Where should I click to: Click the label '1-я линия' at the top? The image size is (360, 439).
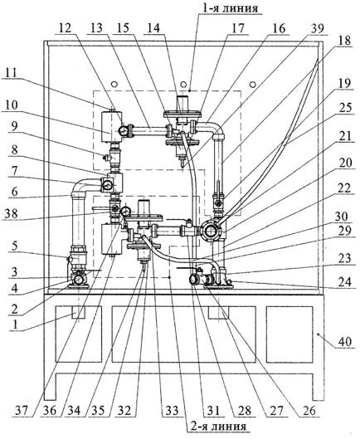tap(230, 7)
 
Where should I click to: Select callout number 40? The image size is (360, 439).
tap(345, 342)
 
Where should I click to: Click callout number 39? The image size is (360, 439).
tap(317, 28)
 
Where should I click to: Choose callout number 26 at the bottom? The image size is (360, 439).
tap(309, 411)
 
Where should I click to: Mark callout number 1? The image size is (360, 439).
tap(15, 324)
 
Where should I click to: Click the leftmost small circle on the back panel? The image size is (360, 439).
tap(114, 84)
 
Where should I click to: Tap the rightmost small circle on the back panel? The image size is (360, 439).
tap(252, 84)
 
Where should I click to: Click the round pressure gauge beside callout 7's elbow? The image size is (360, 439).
tap(106, 185)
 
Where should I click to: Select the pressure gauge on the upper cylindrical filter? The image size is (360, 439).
tap(123, 130)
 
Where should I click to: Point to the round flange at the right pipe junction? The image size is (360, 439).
tap(210, 231)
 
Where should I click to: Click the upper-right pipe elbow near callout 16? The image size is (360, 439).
tap(216, 128)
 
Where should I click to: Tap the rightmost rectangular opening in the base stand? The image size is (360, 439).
tap(289, 334)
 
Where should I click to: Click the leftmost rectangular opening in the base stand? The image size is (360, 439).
tap(79, 334)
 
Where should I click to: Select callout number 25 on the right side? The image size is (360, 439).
tap(345, 107)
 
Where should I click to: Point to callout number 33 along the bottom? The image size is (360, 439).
tap(172, 411)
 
